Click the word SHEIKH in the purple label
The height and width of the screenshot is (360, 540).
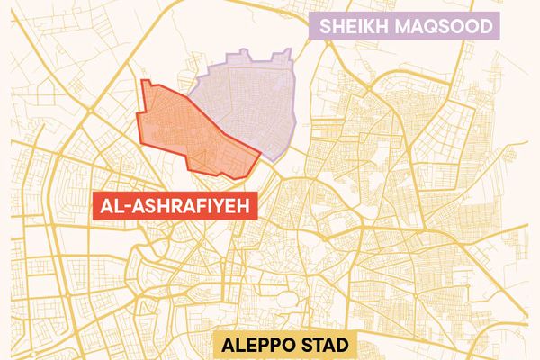pyautogui.click(x=355, y=26)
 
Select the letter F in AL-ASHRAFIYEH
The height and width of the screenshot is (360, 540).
pyautogui.click(x=200, y=208)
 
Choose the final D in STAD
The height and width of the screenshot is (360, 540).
pyautogui.click(x=347, y=346)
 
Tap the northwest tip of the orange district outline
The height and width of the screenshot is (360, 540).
pyautogui.click(x=145, y=81)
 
